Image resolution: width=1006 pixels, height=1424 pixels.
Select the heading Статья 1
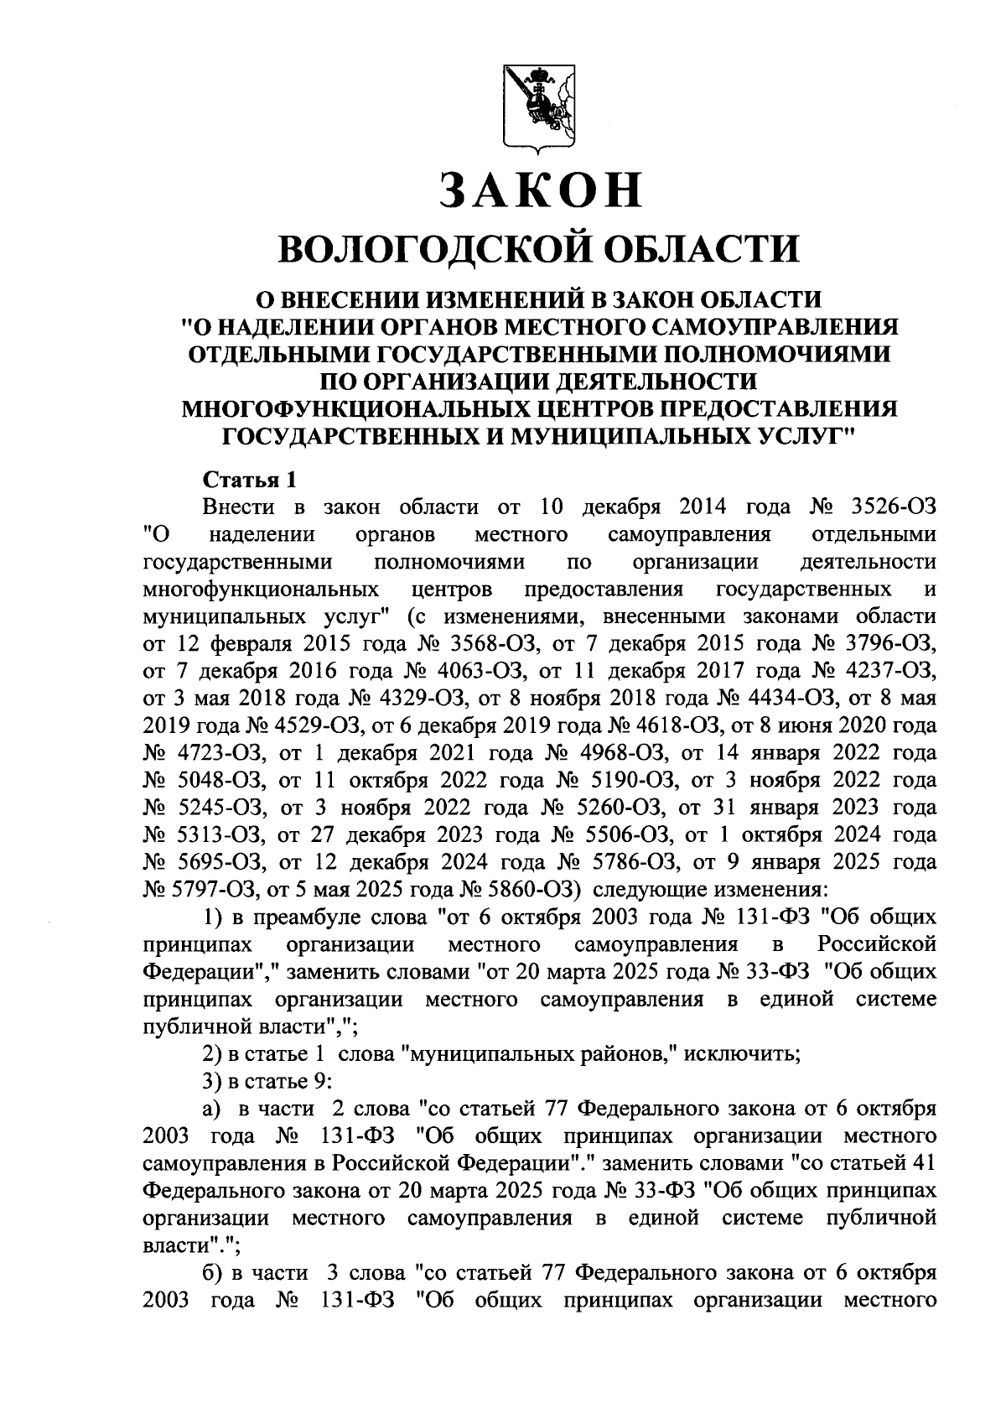click(249, 481)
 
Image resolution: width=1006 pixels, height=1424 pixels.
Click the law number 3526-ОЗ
click(893, 507)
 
